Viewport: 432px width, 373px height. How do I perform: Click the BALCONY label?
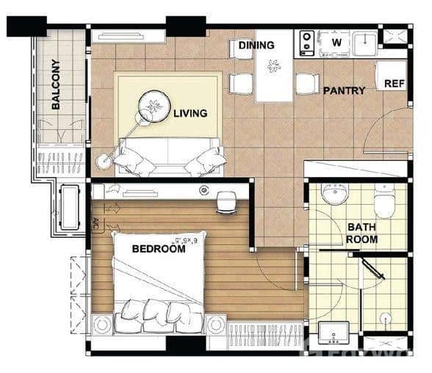56,84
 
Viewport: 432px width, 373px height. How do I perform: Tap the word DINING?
256,46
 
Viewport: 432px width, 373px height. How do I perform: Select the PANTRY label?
344,91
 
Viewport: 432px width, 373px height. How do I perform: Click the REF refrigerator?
395,83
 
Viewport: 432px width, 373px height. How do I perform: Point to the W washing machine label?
336,42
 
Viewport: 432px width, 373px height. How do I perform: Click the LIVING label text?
190,114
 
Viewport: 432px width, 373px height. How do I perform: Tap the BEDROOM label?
158,249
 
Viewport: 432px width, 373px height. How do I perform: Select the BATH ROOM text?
362,233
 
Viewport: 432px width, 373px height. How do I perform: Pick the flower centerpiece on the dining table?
274,67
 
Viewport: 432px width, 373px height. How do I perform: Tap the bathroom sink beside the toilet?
336,193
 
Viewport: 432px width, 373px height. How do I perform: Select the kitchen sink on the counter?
364,43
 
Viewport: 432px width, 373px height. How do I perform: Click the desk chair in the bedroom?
227,202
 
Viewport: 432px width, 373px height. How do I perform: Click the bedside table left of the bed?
103,324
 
